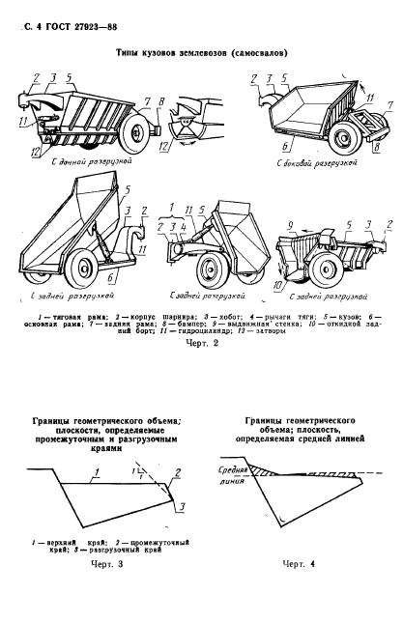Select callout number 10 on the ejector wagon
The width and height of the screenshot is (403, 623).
(x=278, y=286)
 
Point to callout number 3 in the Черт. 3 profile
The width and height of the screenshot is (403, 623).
(x=183, y=507)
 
